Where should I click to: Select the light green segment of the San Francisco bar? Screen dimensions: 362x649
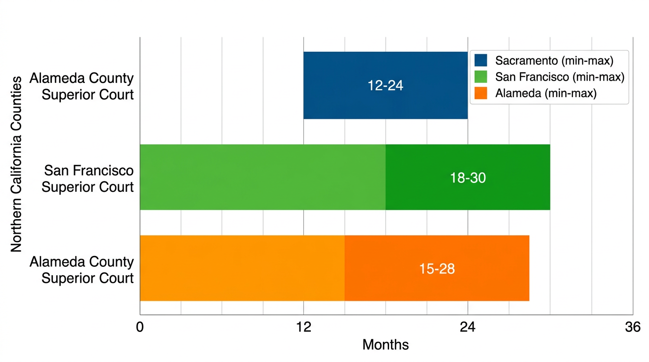coord(262,177)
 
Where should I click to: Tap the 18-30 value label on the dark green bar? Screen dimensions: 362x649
coord(467,178)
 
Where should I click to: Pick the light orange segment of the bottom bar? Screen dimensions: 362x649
coord(242,268)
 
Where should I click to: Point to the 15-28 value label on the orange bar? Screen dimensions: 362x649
coord(437,269)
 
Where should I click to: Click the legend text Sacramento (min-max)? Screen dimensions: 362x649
coord(554,60)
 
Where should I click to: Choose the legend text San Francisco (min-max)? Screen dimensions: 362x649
coord(559,77)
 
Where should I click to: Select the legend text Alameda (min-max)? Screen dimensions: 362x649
coord(546,93)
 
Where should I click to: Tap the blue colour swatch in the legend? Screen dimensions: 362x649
coord(481,60)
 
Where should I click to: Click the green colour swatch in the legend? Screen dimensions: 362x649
coord(481,77)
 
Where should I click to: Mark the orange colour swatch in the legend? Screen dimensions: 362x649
coord(481,93)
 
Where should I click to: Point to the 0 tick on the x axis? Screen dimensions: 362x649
coord(140,327)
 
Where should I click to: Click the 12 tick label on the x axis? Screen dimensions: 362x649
coord(303,327)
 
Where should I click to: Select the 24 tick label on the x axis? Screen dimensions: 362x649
coord(467,327)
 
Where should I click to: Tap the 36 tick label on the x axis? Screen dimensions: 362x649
coord(632,327)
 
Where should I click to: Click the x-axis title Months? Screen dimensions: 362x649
coord(385,345)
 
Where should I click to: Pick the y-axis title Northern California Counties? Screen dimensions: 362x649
coord(17,164)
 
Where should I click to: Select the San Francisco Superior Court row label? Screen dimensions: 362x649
coord(88,178)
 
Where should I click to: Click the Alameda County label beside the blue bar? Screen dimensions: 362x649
coord(82,86)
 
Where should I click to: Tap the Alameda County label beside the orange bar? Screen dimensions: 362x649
coord(82,270)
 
